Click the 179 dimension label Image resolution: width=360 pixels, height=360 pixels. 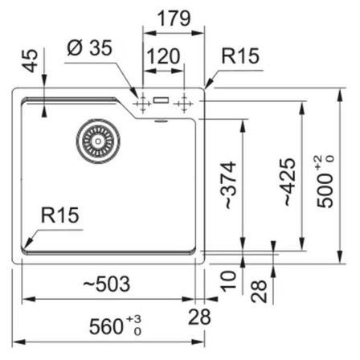click(x=174, y=18)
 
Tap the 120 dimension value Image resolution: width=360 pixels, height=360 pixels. click(x=163, y=56)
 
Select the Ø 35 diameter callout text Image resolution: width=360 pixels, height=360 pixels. click(x=89, y=48)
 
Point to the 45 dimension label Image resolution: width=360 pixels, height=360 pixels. click(x=31, y=61)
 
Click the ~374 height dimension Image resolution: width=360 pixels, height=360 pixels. click(x=228, y=185)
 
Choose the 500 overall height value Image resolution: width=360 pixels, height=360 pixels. click(x=325, y=190)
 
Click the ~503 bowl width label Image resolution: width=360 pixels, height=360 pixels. click(x=107, y=284)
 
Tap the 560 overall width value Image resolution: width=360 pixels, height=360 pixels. click(x=106, y=326)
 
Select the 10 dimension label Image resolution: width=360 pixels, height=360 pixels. click(x=228, y=281)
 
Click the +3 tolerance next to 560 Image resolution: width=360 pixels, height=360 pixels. click(x=134, y=319)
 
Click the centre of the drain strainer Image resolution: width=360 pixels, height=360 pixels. click(x=98, y=141)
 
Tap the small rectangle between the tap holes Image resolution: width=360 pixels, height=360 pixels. click(x=161, y=100)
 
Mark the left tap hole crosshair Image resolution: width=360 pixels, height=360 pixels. click(x=143, y=104)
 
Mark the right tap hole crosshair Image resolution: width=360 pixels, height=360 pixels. click(x=184, y=103)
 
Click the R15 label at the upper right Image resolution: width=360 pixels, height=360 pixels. click(x=240, y=56)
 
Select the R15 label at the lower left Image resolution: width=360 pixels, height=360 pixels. click(x=60, y=215)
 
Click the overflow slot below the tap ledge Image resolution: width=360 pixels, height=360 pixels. click(x=161, y=121)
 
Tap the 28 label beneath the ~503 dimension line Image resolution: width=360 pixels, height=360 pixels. click(x=199, y=317)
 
